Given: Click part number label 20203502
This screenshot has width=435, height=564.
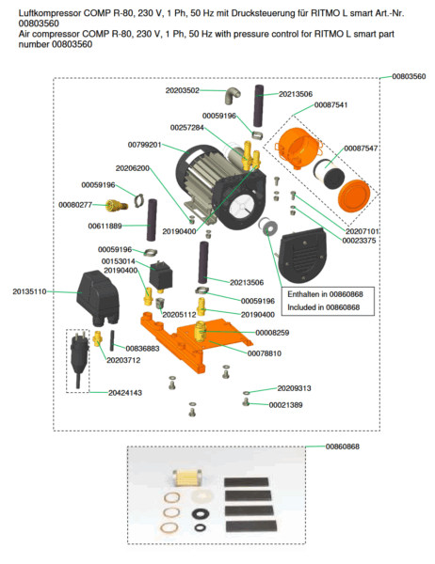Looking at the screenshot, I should [x=182, y=91].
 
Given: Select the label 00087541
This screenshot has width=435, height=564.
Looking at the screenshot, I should [x=330, y=105].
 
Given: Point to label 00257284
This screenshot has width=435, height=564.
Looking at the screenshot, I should [x=186, y=127].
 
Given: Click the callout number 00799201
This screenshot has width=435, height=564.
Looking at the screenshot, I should [x=144, y=145].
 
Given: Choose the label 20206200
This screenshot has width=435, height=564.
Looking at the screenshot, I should [x=132, y=168].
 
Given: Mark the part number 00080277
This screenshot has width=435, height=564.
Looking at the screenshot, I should [x=75, y=204].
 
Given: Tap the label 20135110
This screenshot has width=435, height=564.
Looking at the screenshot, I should [x=29, y=291].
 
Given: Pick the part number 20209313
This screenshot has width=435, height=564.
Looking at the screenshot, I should [x=294, y=387].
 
